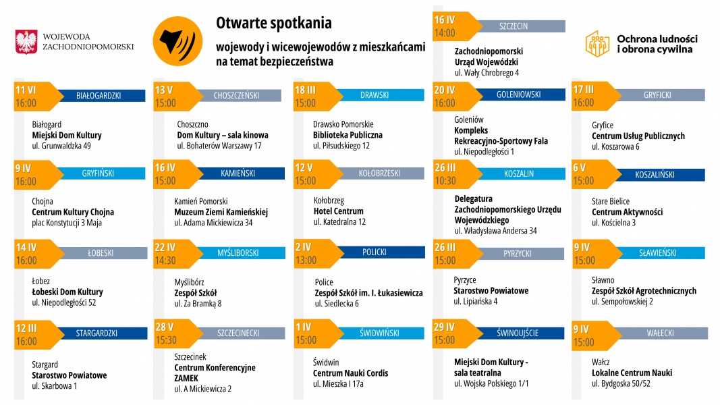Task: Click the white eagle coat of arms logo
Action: (26, 42)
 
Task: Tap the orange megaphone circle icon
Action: (173, 41)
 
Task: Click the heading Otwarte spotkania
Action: (274, 23)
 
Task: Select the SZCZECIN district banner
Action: (514, 26)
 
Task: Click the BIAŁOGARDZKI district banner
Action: (99, 96)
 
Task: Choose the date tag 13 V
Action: (165, 90)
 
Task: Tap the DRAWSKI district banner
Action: (375, 95)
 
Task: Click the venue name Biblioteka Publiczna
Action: (348, 135)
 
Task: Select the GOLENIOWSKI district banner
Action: (518, 95)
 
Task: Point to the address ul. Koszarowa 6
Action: (615, 146)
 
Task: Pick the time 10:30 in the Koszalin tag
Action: (445, 181)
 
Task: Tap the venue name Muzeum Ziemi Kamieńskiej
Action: (221, 212)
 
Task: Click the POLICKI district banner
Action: (375, 252)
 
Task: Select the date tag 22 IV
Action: (165, 248)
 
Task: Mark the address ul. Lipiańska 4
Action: (476, 302)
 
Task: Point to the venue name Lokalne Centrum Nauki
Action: (632, 373)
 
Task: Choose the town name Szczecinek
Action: (190, 356)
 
